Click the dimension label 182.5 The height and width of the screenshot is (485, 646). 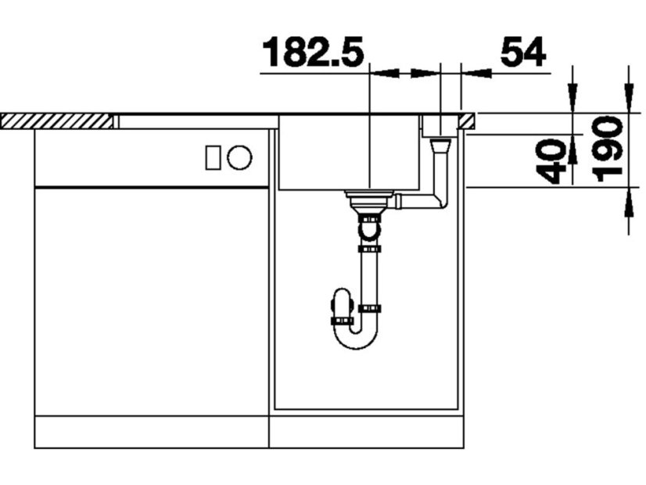313,52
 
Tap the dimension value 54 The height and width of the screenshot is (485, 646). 522,52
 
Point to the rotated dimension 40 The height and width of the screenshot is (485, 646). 551,161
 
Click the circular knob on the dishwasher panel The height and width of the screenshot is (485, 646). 240,158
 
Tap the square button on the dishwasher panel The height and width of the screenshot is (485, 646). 214,158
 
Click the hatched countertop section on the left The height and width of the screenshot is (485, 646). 57,121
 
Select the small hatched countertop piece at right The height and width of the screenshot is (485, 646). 465,121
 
